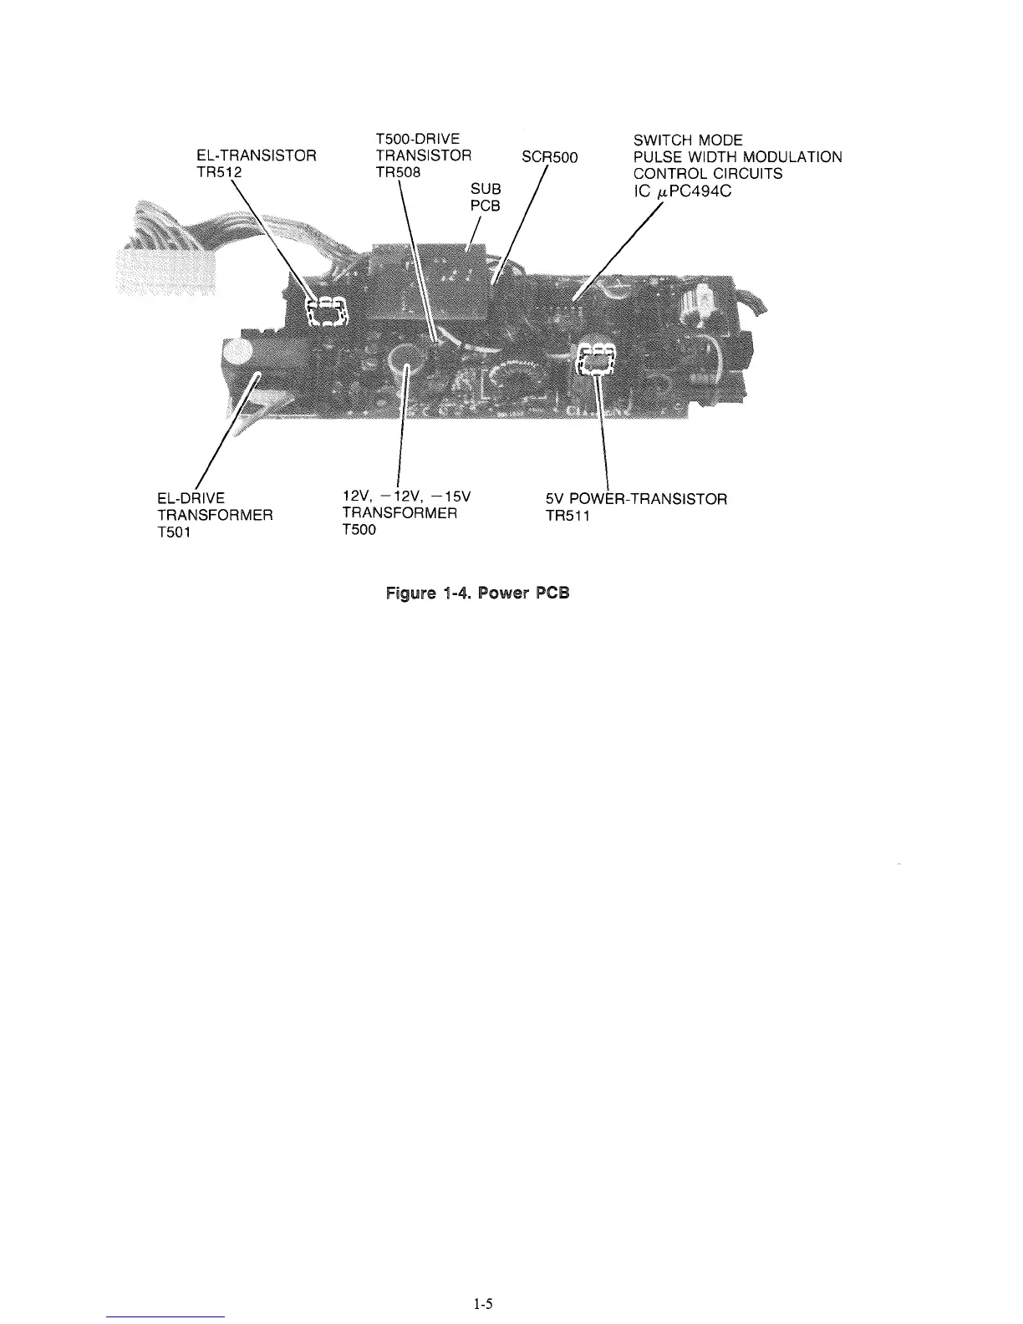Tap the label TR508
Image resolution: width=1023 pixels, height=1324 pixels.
click(399, 172)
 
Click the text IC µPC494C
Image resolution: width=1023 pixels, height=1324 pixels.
click(685, 191)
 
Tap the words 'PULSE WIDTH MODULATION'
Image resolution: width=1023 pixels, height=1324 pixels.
click(738, 156)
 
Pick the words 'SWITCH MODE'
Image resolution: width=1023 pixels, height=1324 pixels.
click(689, 140)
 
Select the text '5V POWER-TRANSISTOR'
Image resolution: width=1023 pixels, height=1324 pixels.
click(636, 499)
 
